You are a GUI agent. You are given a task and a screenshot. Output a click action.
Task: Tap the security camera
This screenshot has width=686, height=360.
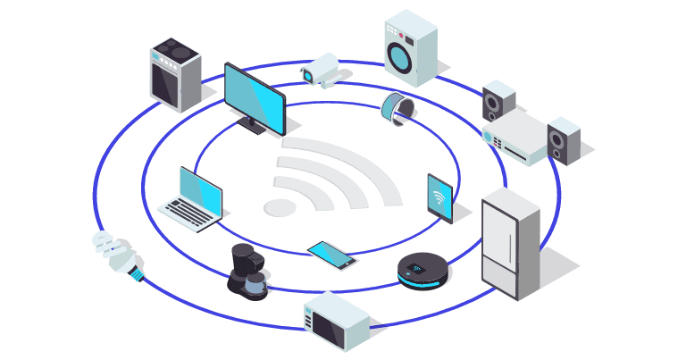click(320, 68)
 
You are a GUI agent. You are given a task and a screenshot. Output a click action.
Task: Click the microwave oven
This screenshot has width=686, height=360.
click(335, 322)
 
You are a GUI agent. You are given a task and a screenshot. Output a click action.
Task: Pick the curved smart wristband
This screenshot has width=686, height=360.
click(396, 107)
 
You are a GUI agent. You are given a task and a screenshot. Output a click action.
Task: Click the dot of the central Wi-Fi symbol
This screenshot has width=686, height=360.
click(280, 207)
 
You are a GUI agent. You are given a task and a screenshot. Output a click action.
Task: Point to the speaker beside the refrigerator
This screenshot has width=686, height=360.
click(564, 140)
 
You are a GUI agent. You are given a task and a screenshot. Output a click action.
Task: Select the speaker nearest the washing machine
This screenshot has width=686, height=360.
click(498, 102)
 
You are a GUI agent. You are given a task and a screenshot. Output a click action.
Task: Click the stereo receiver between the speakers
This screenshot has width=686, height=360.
click(515, 138)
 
